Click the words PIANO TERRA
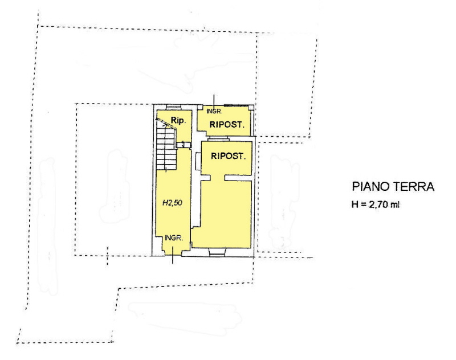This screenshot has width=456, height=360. coord(393,186)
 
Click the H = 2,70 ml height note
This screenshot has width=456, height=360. coord(376,204)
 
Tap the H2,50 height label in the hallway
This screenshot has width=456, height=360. coord(172,203)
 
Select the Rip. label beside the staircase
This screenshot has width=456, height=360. coord(178,120)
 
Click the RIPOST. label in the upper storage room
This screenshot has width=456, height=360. coord(227,125)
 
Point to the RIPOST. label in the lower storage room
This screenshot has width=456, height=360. coord(229,156)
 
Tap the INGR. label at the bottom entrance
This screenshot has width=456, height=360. coord(174,238)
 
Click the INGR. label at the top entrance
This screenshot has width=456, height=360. coord(214,111)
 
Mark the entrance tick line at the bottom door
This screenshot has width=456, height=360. coord(173,255)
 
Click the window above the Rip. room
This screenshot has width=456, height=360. coord(172,108)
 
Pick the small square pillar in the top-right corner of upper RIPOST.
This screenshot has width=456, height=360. coord(251,108)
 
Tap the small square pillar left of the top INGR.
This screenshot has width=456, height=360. coord(200,107)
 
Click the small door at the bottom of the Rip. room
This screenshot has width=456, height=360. coord(184,145)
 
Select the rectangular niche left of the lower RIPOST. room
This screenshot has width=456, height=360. coord(198,162)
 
